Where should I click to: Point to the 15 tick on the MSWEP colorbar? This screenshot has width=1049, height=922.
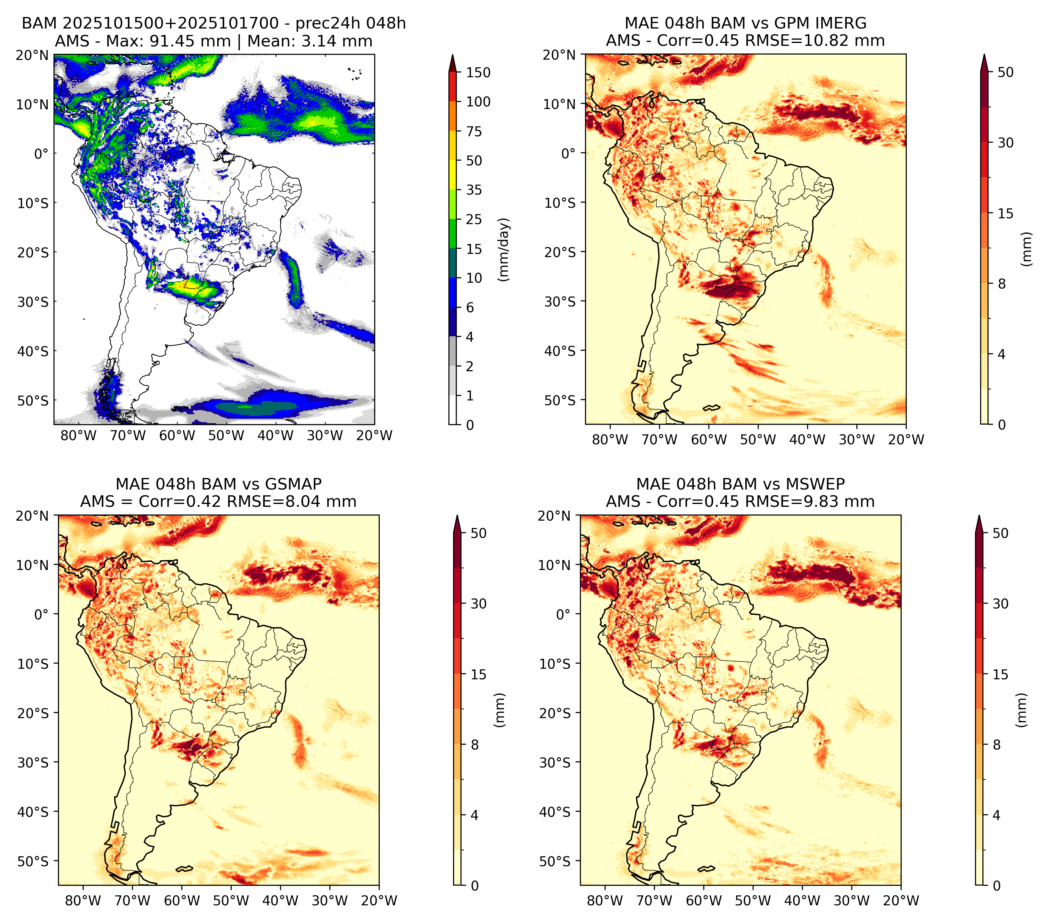tap(1000, 675)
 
